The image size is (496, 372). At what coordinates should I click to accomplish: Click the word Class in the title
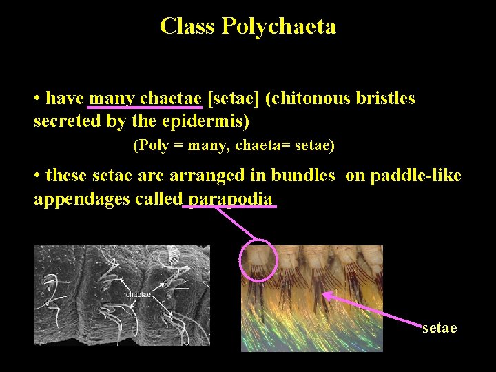click(x=187, y=26)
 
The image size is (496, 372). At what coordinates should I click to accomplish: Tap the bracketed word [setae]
click(x=233, y=99)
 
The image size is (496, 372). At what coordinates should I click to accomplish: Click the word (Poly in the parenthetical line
click(x=148, y=145)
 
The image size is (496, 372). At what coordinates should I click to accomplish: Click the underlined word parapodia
click(x=230, y=199)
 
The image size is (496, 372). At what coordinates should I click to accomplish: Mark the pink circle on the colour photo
click(x=258, y=261)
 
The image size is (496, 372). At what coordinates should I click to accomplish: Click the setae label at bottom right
click(x=440, y=328)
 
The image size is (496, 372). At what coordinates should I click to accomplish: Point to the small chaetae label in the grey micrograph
click(x=138, y=294)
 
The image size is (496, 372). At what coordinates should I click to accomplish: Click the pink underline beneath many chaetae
click(x=145, y=108)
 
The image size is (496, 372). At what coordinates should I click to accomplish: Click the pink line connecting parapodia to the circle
click(x=234, y=224)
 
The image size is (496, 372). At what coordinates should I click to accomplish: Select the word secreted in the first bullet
click(x=65, y=122)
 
